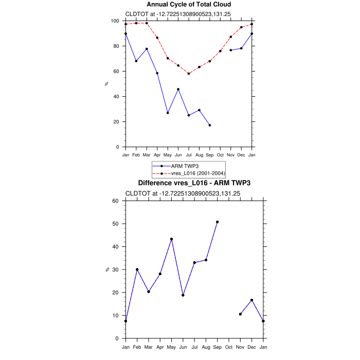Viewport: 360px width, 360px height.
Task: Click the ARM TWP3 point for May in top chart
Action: [x=168, y=113]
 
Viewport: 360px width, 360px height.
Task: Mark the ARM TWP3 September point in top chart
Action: [x=210, y=125]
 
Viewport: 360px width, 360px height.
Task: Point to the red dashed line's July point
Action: [x=189, y=74]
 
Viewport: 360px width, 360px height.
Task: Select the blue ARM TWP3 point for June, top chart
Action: [x=178, y=89]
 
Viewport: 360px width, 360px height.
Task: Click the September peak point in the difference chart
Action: [x=217, y=222]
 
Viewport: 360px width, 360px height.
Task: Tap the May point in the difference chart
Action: [x=171, y=239]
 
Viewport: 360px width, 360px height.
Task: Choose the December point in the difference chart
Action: [x=251, y=300]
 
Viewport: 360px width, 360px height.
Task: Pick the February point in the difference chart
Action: [x=137, y=269]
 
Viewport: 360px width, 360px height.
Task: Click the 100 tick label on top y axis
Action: [x=116, y=21]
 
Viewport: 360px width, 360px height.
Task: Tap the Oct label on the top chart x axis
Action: [x=220, y=154]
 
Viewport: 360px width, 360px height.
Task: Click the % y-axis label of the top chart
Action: [x=106, y=84]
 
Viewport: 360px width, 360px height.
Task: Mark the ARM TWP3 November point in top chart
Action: [x=231, y=50]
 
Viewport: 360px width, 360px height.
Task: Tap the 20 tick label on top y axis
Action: [x=117, y=122]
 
